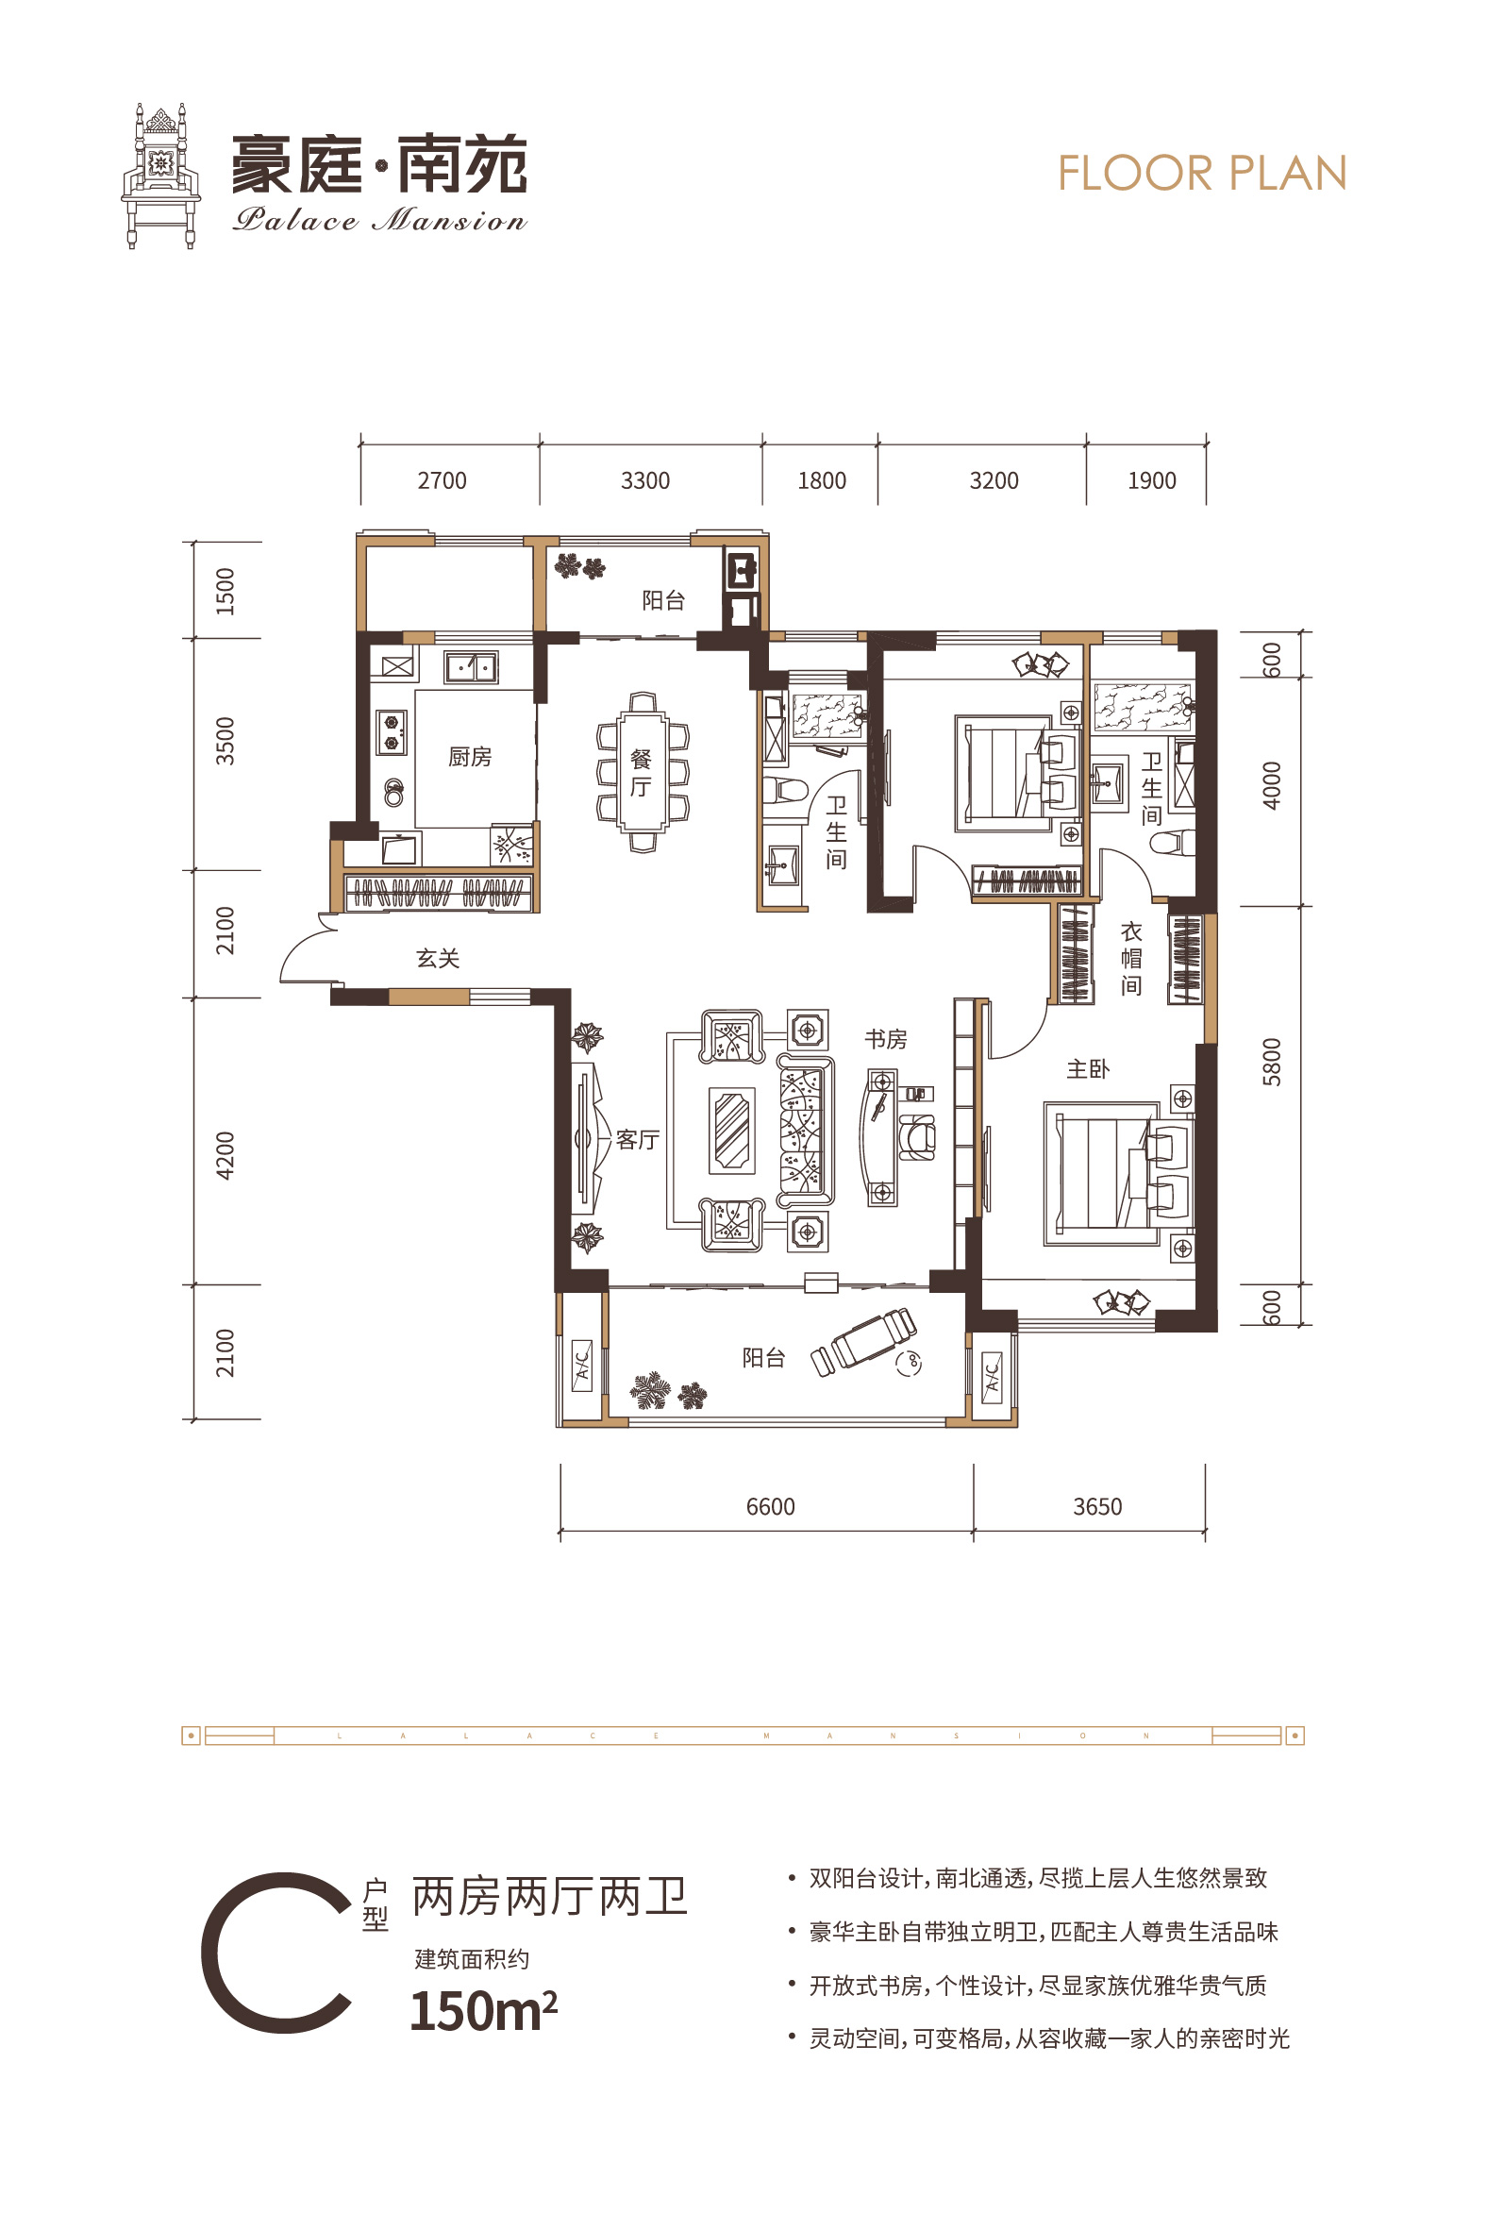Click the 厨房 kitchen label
[470, 757]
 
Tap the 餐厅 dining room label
[641, 773]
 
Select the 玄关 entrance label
[438, 959]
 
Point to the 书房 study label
[886, 1040]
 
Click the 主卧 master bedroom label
[1088, 1070]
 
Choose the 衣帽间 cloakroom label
[1131, 959]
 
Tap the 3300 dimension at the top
[644, 481]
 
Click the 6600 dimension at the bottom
[770, 1507]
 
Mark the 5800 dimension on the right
[1272, 1063]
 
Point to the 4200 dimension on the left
[225, 1155]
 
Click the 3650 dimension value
[1097, 1507]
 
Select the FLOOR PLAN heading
[1202, 174]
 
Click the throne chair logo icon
[161, 176]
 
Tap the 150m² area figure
[484, 2011]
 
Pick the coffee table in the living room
[732, 1131]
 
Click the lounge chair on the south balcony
[864, 1341]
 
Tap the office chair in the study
[916, 1135]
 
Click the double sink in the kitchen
[472, 668]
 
